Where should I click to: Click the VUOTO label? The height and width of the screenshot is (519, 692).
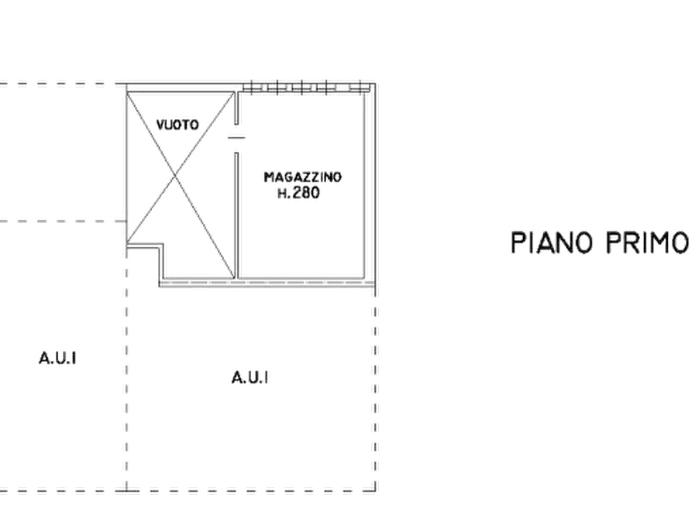pyautogui.click(x=177, y=125)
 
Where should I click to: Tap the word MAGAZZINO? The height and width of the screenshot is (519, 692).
pyautogui.click(x=303, y=177)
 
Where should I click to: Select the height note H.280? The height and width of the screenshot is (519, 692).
pyautogui.click(x=298, y=193)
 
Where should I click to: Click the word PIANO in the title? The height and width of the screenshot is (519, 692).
pyautogui.click(x=552, y=242)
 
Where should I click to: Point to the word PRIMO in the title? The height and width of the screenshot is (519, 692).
pyautogui.click(x=646, y=242)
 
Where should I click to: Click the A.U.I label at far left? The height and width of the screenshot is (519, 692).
pyautogui.click(x=57, y=358)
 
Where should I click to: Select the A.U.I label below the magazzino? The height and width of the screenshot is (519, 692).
pyautogui.click(x=250, y=378)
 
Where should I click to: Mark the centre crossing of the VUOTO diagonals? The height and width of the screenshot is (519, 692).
pyautogui.click(x=177, y=175)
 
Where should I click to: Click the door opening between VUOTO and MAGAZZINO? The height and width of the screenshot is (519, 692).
pyautogui.click(x=236, y=138)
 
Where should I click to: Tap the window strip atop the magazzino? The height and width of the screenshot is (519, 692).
pyautogui.click(x=306, y=88)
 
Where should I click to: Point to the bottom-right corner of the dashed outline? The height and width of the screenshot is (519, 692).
pyautogui.click(x=376, y=491)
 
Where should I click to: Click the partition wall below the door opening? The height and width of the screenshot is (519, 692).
pyautogui.click(x=236, y=215)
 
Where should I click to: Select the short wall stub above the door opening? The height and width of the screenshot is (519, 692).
pyautogui.click(x=236, y=108)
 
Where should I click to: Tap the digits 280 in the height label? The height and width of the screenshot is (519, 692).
pyautogui.click(x=305, y=193)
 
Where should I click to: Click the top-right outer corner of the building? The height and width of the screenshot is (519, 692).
pyautogui.click(x=376, y=83)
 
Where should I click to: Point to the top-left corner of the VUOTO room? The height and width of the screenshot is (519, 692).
pyautogui.click(x=127, y=93)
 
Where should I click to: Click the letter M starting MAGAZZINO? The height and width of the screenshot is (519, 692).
pyautogui.click(x=268, y=177)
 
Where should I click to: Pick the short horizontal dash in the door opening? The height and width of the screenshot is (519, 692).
pyautogui.click(x=236, y=138)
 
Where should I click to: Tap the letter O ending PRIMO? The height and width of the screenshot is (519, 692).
pyautogui.click(x=679, y=242)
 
